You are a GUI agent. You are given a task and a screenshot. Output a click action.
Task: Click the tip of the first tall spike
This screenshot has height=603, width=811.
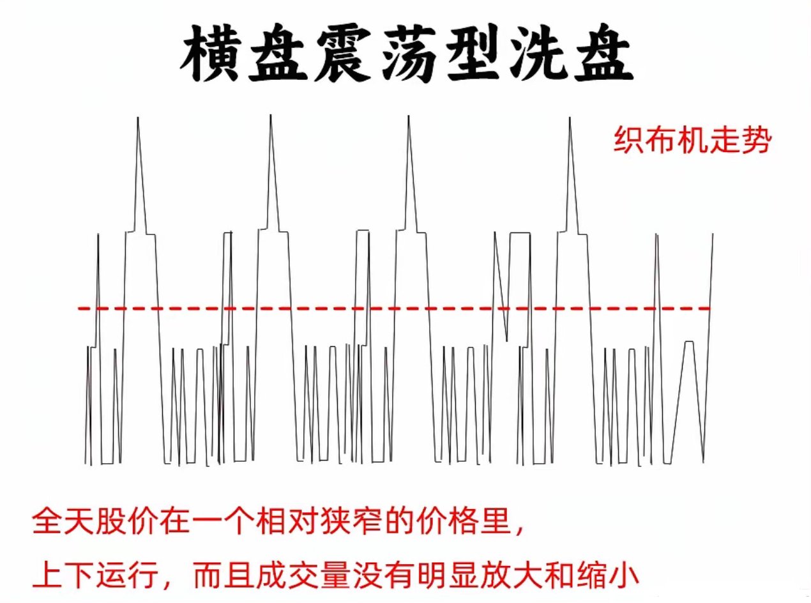coord(138,118)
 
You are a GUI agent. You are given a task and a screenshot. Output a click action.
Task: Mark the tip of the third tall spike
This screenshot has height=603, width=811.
coord(409,118)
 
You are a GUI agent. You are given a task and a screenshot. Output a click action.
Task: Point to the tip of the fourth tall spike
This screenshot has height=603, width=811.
coord(569,118)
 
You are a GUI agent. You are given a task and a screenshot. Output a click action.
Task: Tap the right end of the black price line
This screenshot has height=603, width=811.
coord(712,234)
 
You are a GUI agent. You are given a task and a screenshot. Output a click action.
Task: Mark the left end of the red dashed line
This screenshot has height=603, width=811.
coord(80,309)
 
